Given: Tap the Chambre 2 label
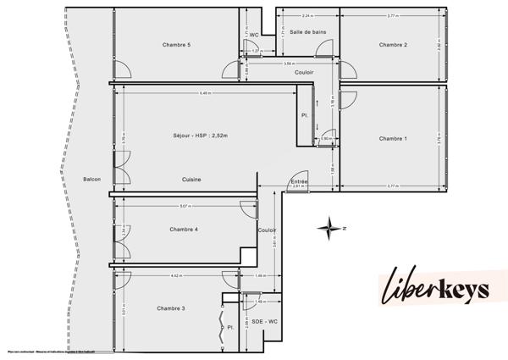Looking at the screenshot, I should pos(393,45).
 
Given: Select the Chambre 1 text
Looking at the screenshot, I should pos(393,138).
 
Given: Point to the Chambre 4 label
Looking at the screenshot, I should pos(183,230).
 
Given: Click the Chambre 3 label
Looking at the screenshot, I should pos(171,308).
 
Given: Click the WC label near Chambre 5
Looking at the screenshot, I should pos(253,35).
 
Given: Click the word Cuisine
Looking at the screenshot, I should pos(191,179).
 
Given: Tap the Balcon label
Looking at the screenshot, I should pos(92,179).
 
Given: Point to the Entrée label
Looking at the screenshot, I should pos(298,181).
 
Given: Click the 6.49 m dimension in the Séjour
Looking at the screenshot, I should pos(203,92).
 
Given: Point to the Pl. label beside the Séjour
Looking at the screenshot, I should pos(304,116).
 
